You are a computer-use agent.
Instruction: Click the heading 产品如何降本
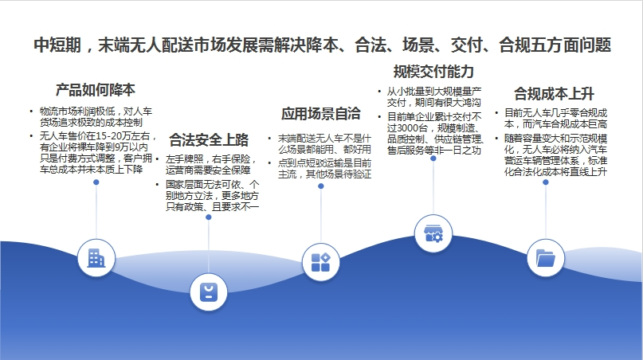click(x=95, y=90)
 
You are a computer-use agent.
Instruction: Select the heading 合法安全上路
click(x=209, y=140)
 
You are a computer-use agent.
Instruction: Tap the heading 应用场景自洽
click(x=320, y=114)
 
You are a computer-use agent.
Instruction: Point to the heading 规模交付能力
click(x=433, y=72)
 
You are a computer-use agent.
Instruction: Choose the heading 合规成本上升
click(x=554, y=93)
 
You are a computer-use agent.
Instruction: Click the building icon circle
click(x=96, y=258)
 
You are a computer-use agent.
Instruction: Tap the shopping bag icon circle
click(x=208, y=292)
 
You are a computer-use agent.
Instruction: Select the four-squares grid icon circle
click(x=320, y=262)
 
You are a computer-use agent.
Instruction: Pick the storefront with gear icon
click(x=433, y=233)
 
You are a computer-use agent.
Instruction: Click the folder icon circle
click(x=546, y=258)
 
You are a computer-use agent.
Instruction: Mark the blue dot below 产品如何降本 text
click(x=96, y=182)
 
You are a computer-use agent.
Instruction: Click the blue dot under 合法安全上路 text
click(x=208, y=217)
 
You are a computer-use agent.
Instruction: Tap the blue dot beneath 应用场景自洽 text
click(x=320, y=186)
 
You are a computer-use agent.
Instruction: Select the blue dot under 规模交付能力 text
click(x=433, y=158)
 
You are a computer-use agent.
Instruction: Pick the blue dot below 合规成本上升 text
click(x=546, y=182)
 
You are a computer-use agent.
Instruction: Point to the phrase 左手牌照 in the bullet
click(x=184, y=159)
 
